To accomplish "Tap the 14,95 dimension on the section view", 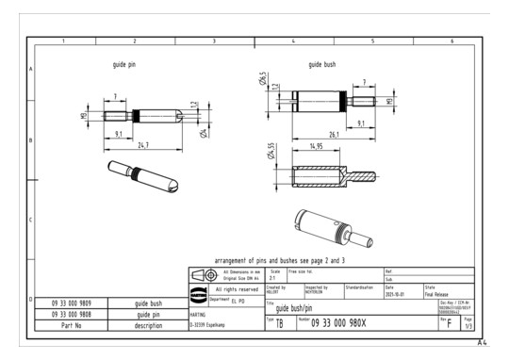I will [x=318, y=147].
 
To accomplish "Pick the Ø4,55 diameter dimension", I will [x=271, y=151].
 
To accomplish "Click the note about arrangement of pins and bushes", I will [x=281, y=258].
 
